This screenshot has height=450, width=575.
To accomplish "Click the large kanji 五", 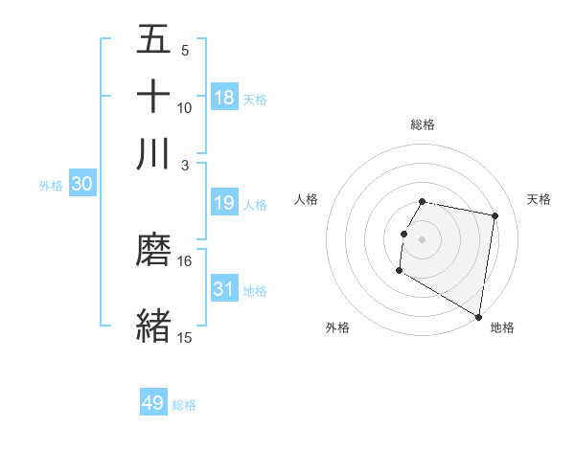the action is click(153, 40).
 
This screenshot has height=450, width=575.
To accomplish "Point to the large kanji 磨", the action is click(153, 251).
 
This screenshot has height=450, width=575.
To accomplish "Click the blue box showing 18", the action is click(224, 98).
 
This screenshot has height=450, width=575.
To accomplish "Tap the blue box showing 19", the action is click(224, 203).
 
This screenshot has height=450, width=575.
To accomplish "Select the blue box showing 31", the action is click(224, 289).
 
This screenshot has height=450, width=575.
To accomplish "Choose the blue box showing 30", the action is click(81, 185).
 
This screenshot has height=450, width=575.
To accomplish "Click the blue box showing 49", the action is click(153, 403).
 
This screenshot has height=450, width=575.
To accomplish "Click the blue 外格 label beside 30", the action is click(51, 186).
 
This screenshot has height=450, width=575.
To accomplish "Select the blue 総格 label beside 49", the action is click(184, 405).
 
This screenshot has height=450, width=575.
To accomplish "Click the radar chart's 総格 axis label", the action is click(423, 124).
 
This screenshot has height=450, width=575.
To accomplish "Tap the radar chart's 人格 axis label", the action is click(307, 199).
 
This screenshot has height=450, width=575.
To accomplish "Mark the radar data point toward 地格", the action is click(478, 317).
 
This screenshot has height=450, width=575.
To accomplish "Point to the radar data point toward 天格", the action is click(494, 216).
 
